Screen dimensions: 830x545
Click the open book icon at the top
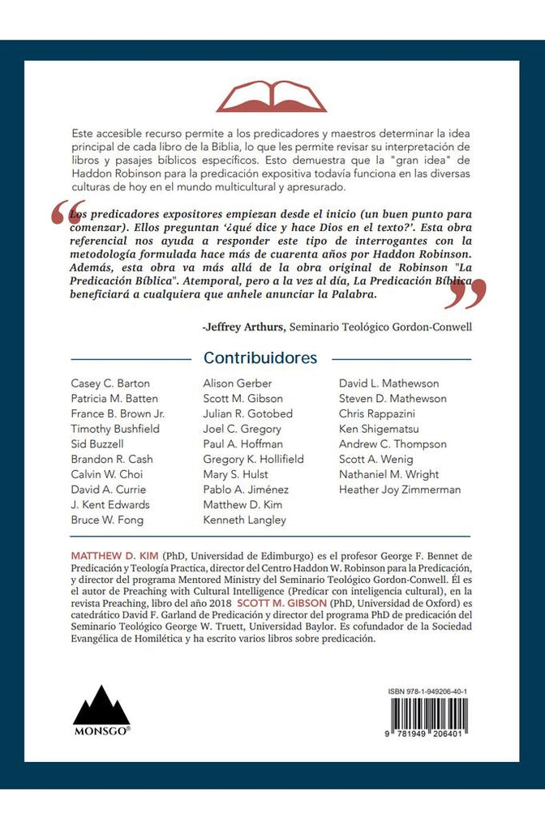pos(271,96)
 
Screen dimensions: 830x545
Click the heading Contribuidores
pos(260,357)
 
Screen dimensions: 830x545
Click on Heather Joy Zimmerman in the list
pos(400,490)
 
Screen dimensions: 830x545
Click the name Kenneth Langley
pos(244,520)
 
